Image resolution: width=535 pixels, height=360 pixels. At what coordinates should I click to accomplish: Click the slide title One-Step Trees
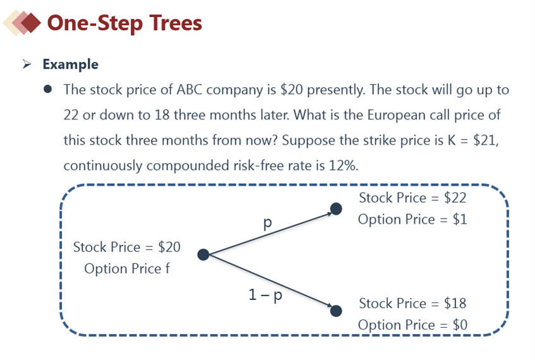[124, 23]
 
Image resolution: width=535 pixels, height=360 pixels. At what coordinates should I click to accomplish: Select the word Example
[71, 64]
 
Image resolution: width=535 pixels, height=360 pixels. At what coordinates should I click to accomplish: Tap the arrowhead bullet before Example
[27, 64]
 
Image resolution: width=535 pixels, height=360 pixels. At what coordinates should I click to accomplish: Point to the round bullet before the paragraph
[48, 90]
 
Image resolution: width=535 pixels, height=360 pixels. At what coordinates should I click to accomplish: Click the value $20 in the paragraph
[291, 90]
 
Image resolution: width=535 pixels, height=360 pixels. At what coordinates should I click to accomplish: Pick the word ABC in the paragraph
[189, 90]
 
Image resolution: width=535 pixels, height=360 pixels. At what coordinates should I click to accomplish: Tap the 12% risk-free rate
[343, 166]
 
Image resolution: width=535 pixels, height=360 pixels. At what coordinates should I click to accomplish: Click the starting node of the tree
[203, 255]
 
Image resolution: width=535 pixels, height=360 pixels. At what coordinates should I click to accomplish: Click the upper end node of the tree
[336, 209]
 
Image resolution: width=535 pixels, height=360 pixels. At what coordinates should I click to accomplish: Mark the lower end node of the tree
[336, 311]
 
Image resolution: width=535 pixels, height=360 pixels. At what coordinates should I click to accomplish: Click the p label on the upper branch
[268, 223]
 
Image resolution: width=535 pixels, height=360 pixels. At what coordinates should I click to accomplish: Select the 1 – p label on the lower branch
[265, 295]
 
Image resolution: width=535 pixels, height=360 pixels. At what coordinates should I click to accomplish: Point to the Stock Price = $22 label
[412, 198]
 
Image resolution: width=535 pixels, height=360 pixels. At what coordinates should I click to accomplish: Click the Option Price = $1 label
[412, 219]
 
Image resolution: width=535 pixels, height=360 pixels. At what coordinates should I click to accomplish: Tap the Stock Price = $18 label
[412, 303]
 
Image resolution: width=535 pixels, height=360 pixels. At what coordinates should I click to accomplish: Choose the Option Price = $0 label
[412, 325]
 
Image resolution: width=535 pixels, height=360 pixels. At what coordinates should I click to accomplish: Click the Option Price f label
[127, 269]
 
